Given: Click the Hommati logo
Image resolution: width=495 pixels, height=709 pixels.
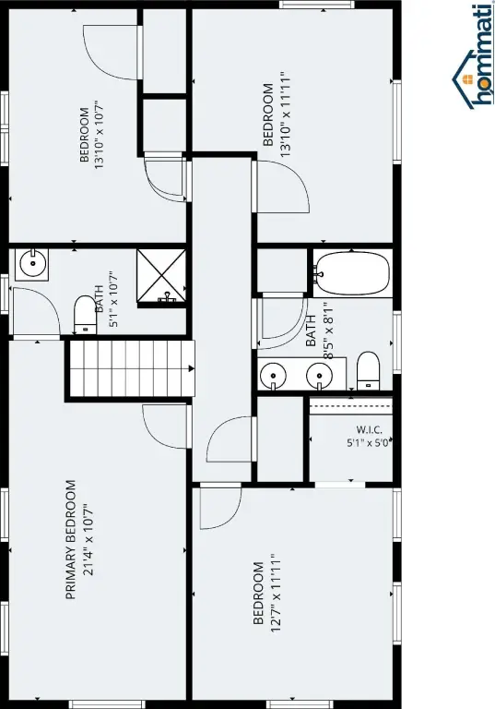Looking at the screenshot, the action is (472, 57).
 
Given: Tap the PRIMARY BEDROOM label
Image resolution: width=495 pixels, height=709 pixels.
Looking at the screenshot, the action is (71, 540).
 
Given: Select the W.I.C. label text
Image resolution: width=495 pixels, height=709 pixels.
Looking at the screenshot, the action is (369, 429).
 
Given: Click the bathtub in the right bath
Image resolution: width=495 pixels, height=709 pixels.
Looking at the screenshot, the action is (352, 273).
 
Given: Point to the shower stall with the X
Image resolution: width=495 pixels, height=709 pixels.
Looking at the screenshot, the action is (161, 275).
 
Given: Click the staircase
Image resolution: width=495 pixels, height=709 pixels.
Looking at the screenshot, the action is (131, 368).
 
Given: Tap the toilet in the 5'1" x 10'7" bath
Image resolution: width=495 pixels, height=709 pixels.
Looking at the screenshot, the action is (85, 314).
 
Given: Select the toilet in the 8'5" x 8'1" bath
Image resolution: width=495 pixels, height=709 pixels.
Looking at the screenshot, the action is (368, 371).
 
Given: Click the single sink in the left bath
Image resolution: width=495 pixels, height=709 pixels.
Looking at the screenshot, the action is (32, 263).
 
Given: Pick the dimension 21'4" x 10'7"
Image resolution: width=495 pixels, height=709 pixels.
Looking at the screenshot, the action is (88, 540).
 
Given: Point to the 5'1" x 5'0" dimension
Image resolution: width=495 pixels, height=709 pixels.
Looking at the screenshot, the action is (369, 443).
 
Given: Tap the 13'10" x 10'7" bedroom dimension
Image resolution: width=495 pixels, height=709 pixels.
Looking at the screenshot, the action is (99, 135).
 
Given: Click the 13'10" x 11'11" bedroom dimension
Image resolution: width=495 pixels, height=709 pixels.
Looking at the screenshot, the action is (285, 114).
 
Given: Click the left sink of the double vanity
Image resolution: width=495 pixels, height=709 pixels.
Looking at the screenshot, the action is (273, 376).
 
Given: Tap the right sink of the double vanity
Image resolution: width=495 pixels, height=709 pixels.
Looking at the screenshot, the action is (319, 376).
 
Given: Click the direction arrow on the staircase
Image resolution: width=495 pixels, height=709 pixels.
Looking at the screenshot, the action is (192, 368).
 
